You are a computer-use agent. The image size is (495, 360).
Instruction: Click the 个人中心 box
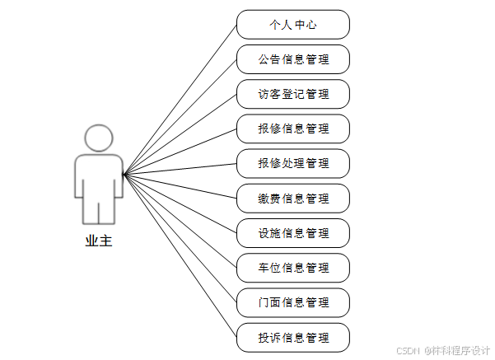pyautogui.click(x=293, y=25)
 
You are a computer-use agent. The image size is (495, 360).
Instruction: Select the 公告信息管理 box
pyautogui.click(x=293, y=59)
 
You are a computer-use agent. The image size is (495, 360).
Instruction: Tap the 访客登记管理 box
pyautogui.click(x=293, y=94)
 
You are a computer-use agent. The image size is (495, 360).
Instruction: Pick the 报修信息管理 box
pyautogui.click(x=293, y=129)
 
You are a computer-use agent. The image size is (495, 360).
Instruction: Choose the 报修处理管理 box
pyautogui.click(x=293, y=163)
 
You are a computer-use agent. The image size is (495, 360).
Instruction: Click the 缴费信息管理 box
pyautogui.click(x=293, y=199)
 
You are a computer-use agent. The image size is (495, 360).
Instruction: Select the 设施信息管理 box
pyautogui.click(x=293, y=233)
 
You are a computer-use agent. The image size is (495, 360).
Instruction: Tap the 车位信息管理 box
pyautogui.click(x=293, y=268)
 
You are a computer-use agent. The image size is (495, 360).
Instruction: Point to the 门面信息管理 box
pyautogui.click(x=293, y=302)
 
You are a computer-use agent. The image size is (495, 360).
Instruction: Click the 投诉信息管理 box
pyautogui.click(x=293, y=338)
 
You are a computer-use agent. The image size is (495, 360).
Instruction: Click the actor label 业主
pyautogui.click(x=98, y=242)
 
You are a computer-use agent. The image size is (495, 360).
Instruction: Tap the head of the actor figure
pyautogui.click(x=99, y=138)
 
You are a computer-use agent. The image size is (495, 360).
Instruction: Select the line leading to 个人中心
pyautogui.click(x=180, y=100)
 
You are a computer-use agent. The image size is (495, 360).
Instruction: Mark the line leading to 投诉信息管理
pyautogui.click(x=180, y=256)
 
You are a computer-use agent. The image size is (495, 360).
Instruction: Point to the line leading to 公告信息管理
pyautogui.click(x=180, y=117)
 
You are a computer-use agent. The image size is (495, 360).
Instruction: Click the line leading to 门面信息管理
pyautogui.click(x=180, y=239)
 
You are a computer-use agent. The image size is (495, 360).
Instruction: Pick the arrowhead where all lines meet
pyautogui.click(x=124, y=175)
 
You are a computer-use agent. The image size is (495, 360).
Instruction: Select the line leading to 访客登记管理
pyautogui.click(x=180, y=134)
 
